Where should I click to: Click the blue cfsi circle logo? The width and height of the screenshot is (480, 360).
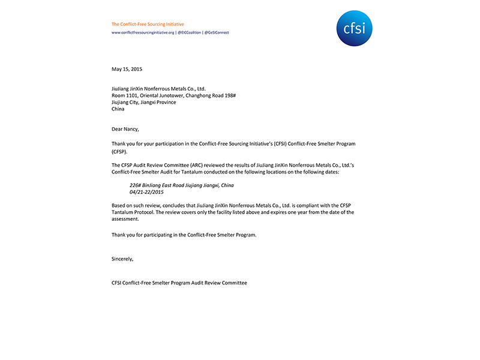(x=355, y=28)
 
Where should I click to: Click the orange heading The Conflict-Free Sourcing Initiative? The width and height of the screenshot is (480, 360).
(x=148, y=24)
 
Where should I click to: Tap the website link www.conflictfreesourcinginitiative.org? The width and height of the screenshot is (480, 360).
(x=143, y=32)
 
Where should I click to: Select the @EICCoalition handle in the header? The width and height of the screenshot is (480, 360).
(x=189, y=32)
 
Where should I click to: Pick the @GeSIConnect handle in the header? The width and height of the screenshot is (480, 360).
(x=217, y=32)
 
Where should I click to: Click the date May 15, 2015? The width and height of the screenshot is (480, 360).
(x=127, y=69)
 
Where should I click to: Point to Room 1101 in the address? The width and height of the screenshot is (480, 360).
(x=125, y=95)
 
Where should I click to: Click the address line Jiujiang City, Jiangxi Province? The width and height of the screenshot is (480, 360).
(x=144, y=102)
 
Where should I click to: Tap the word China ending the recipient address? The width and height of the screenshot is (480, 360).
(x=119, y=109)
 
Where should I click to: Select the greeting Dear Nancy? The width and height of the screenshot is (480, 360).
(x=125, y=128)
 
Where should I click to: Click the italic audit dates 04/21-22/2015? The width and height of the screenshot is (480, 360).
(x=146, y=192)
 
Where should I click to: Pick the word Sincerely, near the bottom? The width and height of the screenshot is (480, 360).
(x=122, y=259)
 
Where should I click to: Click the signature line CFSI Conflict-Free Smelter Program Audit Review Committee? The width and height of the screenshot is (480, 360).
(x=179, y=283)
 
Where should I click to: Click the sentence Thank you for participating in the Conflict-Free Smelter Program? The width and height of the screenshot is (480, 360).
(x=184, y=235)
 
